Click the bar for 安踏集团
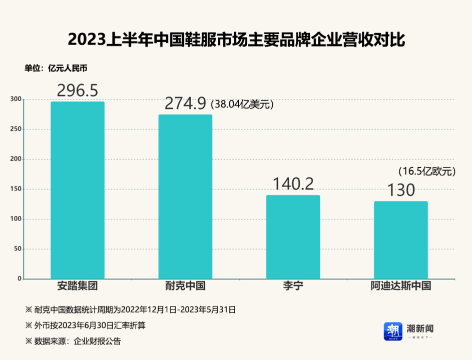pos(78,190)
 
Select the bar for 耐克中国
pos(185,196)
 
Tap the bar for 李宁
pos(293,236)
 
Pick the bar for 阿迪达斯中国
pos(400,239)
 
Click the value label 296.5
pos(77,90)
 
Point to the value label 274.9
pos(185,103)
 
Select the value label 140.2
pos(293,184)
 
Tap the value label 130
pos(400,190)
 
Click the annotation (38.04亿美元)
pos(242,104)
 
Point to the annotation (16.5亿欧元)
pos(427,171)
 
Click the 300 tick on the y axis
pos(16,99)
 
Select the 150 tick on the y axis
pos(16,189)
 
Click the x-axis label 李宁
pos(293,286)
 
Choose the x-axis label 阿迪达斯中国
pos(400,286)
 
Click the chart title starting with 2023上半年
pos(236,39)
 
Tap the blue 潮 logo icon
pos(393,330)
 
